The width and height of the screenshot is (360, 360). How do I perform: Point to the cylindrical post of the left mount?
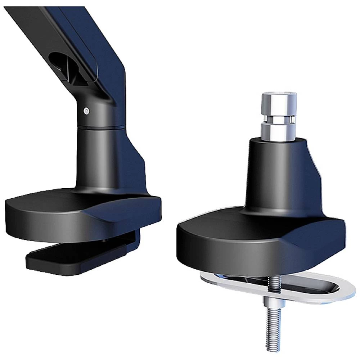click(x=97, y=155)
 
